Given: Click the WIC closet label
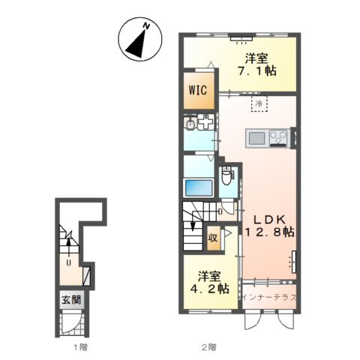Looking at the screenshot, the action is click(198, 90).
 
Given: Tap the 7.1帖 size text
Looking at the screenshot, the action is click(256, 71).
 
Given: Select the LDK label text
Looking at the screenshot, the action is click(269, 220).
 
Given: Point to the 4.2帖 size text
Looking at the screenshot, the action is click(210, 289).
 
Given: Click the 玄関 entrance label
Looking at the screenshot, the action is click(72, 299).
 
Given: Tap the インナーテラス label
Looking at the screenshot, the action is click(269, 297).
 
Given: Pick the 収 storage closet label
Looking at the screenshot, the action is click(213, 238).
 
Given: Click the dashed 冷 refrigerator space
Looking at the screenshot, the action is click(259, 103).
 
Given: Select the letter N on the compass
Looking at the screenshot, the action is click(147, 25).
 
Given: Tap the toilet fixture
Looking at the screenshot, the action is click(228, 175).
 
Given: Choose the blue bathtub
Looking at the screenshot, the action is click(198, 187).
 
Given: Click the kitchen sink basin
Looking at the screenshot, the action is click(256, 138).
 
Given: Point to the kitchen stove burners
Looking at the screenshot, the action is click(278, 138).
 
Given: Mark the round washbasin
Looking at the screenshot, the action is click(190, 124).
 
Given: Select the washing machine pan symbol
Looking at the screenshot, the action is click(205, 121).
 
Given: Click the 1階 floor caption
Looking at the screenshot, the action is click(80, 347).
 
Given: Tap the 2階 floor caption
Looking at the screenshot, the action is click(209, 347).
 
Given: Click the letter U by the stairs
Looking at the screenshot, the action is click(69, 263).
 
